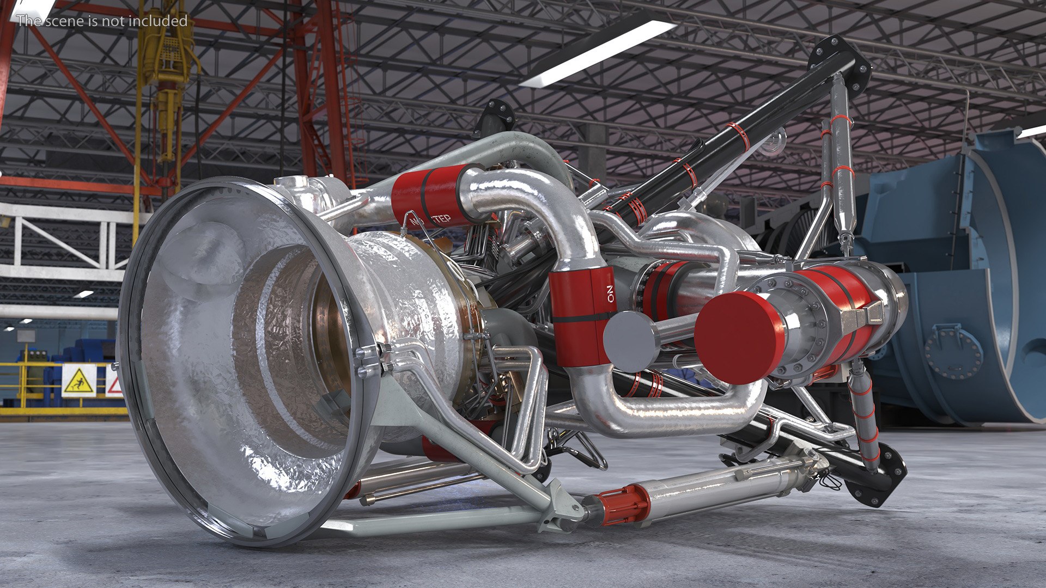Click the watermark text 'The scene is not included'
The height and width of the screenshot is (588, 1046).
pyautogui.click(x=102, y=21)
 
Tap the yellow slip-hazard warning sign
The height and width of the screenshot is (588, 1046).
pyautogui.click(x=79, y=379)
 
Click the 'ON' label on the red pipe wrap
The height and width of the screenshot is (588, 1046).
pyautogui.click(x=610, y=293)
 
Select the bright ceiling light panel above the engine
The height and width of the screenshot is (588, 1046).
pyautogui.click(x=596, y=53)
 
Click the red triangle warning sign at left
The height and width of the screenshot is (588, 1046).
pyautogui.click(x=113, y=384)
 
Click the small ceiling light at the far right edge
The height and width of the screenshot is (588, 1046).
pyautogui.click(x=1033, y=131)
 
